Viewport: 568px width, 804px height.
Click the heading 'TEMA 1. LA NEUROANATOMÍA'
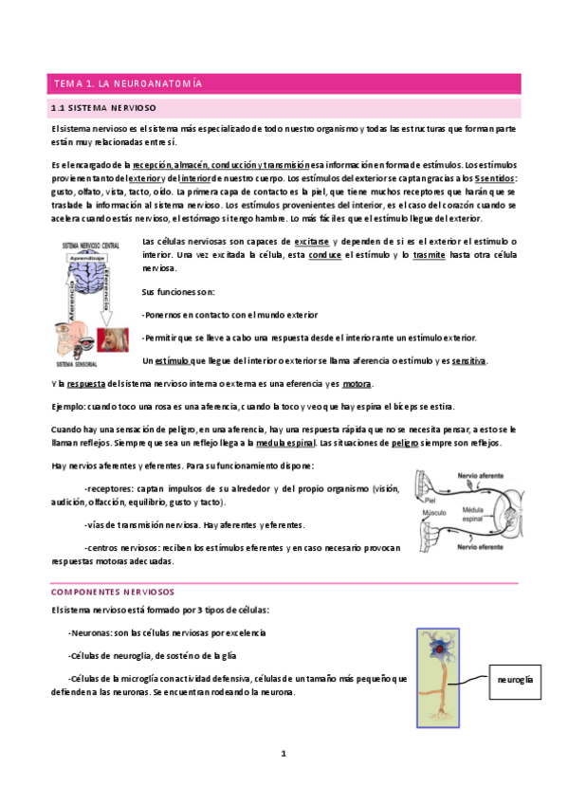pyautogui.click(x=128, y=84)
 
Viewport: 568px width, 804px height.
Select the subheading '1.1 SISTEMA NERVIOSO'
pyautogui.click(x=104, y=108)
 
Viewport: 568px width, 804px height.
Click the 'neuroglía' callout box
pyautogui.click(x=513, y=680)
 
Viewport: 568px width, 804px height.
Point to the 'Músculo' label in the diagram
pyautogui.click(x=435, y=512)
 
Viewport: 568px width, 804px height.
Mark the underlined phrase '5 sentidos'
pyautogui.click(x=496, y=177)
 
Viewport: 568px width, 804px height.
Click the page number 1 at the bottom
pyautogui.click(x=283, y=754)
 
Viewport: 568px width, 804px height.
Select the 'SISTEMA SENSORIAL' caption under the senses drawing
pyautogui.click(x=80, y=363)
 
